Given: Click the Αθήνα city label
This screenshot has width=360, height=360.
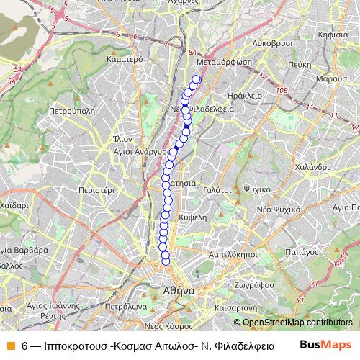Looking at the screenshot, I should click(x=175, y=292).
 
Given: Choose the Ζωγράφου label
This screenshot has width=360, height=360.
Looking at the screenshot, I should click(x=251, y=285).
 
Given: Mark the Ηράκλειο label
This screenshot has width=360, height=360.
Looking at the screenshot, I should click(x=243, y=94).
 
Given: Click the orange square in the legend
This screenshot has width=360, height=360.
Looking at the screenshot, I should click(x=10, y=345).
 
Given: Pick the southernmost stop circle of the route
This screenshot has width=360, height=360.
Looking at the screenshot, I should click(x=166, y=261).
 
